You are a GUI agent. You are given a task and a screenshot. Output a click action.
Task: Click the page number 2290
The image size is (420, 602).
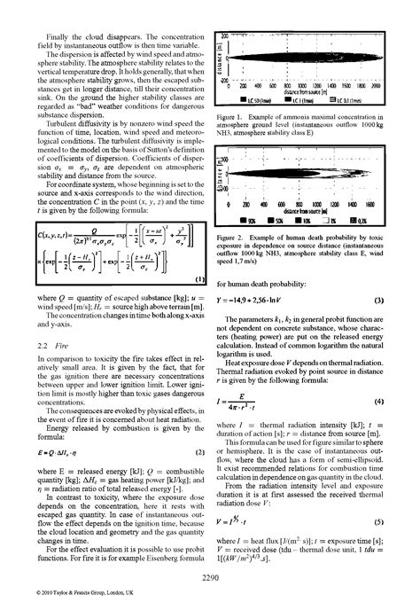(x=210, y=578)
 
